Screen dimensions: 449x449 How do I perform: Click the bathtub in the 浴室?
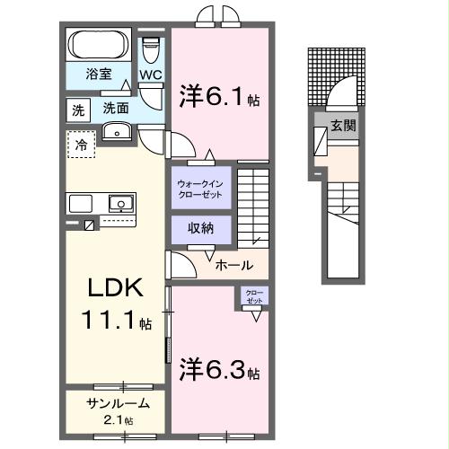click(x=100, y=46)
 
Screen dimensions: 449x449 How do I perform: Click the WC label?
click(x=149, y=75)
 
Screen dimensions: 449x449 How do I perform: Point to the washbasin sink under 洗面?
click(x=117, y=133)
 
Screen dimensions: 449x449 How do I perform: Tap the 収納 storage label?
click(x=201, y=227)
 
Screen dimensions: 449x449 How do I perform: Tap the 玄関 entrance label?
click(x=342, y=126)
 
